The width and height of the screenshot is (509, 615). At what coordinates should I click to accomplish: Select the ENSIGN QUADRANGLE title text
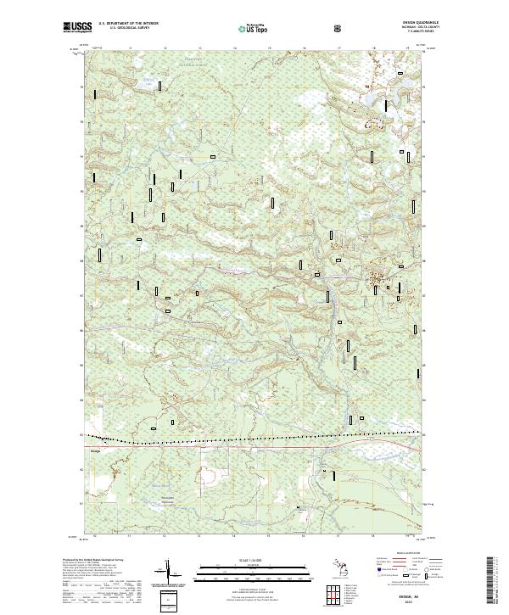(x=404, y=23)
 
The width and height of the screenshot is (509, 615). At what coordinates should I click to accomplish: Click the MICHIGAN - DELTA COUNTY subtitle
(x=404, y=28)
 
